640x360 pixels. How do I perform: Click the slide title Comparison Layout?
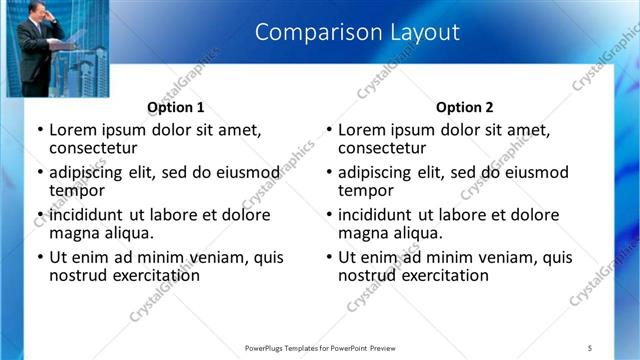[357, 32]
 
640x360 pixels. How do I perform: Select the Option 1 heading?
[175, 107]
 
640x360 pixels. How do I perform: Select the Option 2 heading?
[464, 107]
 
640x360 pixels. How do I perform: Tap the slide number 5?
[589, 347]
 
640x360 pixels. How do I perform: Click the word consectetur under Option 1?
[96, 148]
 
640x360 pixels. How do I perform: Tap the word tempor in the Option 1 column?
[77, 190]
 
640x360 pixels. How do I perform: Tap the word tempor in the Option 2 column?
[366, 190]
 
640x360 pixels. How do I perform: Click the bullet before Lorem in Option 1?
[39, 130]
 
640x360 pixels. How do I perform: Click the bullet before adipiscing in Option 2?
[328, 173]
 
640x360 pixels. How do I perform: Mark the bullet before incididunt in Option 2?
[328, 215]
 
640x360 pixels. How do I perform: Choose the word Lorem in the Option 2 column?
[363, 130]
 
